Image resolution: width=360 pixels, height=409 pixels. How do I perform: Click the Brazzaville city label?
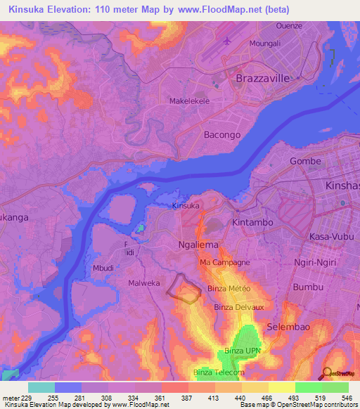pyautogui.click(x=262, y=79)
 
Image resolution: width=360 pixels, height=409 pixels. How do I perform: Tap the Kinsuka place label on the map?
pyautogui.click(x=187, y=207)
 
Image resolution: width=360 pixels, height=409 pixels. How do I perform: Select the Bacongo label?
pyautogui.click(x=221, y=134)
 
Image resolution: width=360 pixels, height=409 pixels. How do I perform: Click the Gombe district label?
pyautogui.click(x=305, y=161)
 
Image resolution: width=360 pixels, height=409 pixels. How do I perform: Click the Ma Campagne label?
pyautogui.click(x=224, y=262)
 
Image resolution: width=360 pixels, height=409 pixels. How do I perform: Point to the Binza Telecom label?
pyautogui.click(x=218, y=372)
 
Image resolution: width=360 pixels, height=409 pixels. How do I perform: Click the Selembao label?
pyautogui.click(x=288, y=328)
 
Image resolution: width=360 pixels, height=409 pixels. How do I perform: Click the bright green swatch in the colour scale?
pyautogui.click(x=308, y=387)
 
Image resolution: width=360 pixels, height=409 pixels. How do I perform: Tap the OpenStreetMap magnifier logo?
pyautogui.click(x=328, y=374)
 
